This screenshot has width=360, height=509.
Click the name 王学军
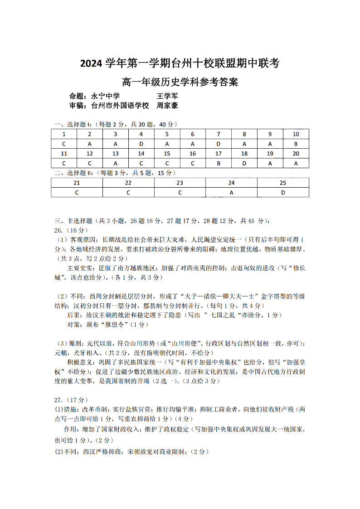click(167, 96)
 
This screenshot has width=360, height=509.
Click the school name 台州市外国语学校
click(120, 106)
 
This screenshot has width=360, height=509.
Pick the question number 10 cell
click(296, 134)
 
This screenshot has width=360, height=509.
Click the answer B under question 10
click(296, 144)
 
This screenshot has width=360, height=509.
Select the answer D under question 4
click(141, 144)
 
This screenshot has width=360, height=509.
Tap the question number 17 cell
click(219, 154)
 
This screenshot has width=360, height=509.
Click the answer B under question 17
click(219, 163)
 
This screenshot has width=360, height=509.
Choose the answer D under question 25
click(283, 193)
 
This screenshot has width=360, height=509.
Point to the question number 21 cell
click(77, 183)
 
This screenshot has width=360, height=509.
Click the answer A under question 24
click(231, 193)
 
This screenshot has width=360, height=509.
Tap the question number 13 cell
click(115, 154)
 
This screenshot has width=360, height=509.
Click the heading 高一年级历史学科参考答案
click(180, 82)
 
